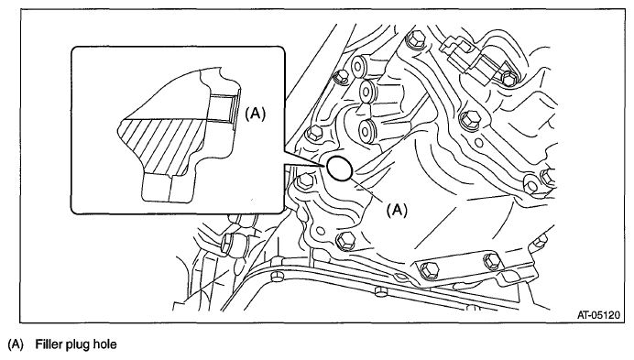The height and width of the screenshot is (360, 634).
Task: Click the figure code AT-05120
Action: click(598, 315)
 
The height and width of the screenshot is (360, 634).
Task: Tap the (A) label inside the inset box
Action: click(256, 114)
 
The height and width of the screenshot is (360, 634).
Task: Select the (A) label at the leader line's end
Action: click(397, 210)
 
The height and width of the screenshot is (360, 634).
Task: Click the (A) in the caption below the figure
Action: click(16, 344)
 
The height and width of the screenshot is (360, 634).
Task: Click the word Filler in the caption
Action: click(48, 344)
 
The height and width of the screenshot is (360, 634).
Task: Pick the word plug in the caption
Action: click(76, 345)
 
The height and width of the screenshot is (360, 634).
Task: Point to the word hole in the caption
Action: click(104, 344)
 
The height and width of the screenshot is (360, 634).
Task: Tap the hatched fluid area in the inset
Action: click(162, 144)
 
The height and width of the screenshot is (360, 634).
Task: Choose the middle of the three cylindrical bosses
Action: click(367, 90)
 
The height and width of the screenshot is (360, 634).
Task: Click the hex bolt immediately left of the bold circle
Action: click(304, 181)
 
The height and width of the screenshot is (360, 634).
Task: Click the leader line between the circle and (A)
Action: click(369, 190)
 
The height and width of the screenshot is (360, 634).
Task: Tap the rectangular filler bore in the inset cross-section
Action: click(223, 108)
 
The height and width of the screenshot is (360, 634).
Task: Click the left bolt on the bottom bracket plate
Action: click(429, 270)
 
